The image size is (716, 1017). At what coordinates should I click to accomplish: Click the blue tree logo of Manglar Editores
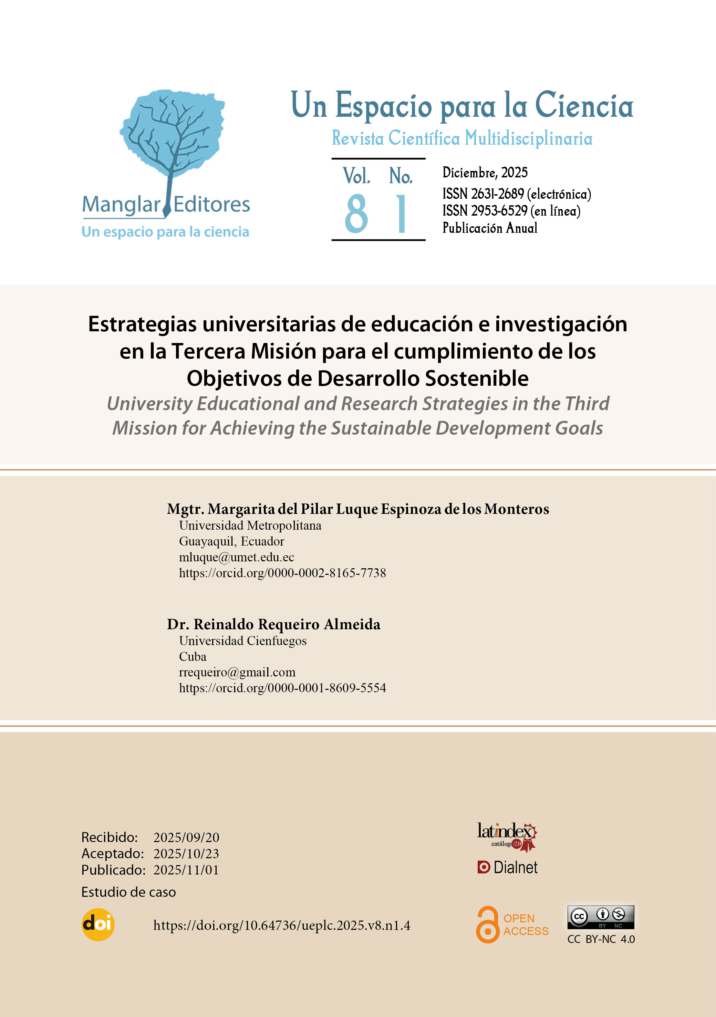[172, 137]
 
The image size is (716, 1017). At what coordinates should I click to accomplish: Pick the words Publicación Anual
[490, 228]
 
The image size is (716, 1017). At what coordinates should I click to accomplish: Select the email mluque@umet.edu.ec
[236, 557]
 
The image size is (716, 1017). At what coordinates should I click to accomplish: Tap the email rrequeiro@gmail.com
[237, 672]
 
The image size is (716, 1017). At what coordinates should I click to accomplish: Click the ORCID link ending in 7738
[282, 573]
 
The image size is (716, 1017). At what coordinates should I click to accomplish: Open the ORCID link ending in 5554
[282, 688]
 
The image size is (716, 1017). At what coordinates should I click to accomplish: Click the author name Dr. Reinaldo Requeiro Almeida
[273, 624]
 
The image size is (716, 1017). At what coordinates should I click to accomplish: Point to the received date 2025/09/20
[186, 838]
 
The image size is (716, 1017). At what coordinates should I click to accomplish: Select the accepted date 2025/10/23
[186, 853]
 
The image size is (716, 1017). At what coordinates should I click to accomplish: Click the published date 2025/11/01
[186, 870]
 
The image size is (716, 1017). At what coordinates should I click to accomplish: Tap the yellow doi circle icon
[98, 924]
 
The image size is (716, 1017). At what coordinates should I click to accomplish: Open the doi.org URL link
[281, 925]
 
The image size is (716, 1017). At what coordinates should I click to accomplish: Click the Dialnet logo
[507, 867]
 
